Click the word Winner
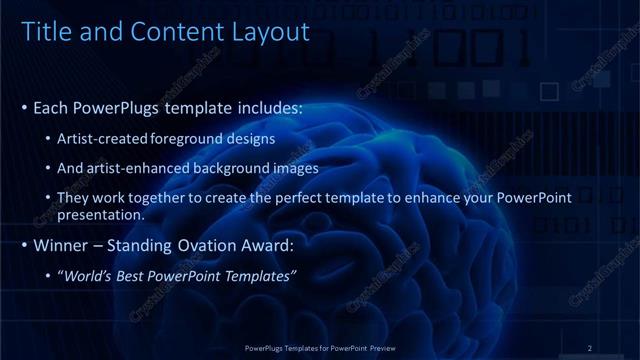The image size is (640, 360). click(x=59, y=244)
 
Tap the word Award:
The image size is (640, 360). click(x=266, y=244)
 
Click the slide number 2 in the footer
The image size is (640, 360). click(x=590, y=347)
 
